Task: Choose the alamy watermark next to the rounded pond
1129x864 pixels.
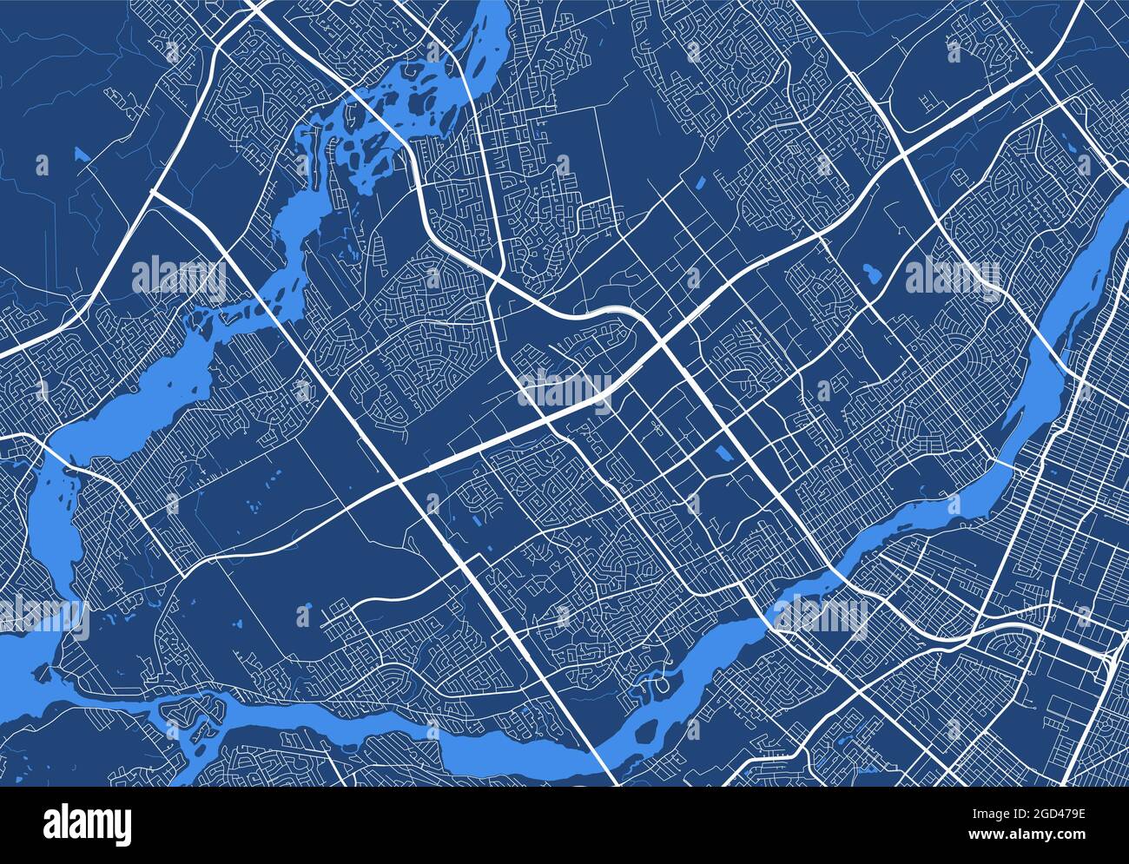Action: [x=952, y=276]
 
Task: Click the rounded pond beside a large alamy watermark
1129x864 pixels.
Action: [x=871, y=275]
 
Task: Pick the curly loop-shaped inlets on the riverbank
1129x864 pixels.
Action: [x=654, y=681]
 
